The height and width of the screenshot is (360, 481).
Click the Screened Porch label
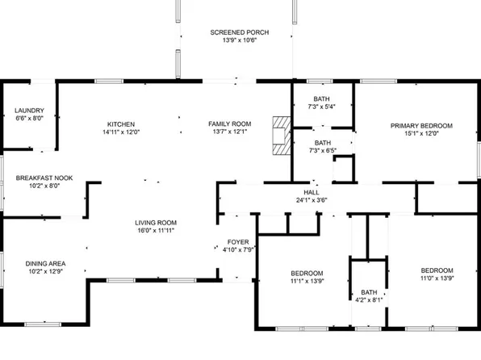[240, 33]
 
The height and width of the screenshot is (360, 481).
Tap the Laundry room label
[29, 111]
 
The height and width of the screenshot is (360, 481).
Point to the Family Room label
[230, 123]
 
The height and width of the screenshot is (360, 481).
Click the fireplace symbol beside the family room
[280, 134]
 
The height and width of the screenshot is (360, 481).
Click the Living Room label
[156, 223]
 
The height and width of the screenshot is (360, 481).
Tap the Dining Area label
[45, 263]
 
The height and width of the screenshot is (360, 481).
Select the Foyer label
[238, 241]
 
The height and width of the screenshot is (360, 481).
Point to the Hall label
[311, 192]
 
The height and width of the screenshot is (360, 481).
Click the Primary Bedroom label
[421, 125]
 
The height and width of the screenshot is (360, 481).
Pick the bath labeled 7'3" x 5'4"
[322, 101]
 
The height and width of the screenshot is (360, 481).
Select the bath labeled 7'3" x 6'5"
[322, 146]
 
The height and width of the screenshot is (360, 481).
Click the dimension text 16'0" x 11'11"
[156, 231]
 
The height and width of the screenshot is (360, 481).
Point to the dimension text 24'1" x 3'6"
[311, 200]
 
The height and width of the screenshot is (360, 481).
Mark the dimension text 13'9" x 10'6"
[240, 41]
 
